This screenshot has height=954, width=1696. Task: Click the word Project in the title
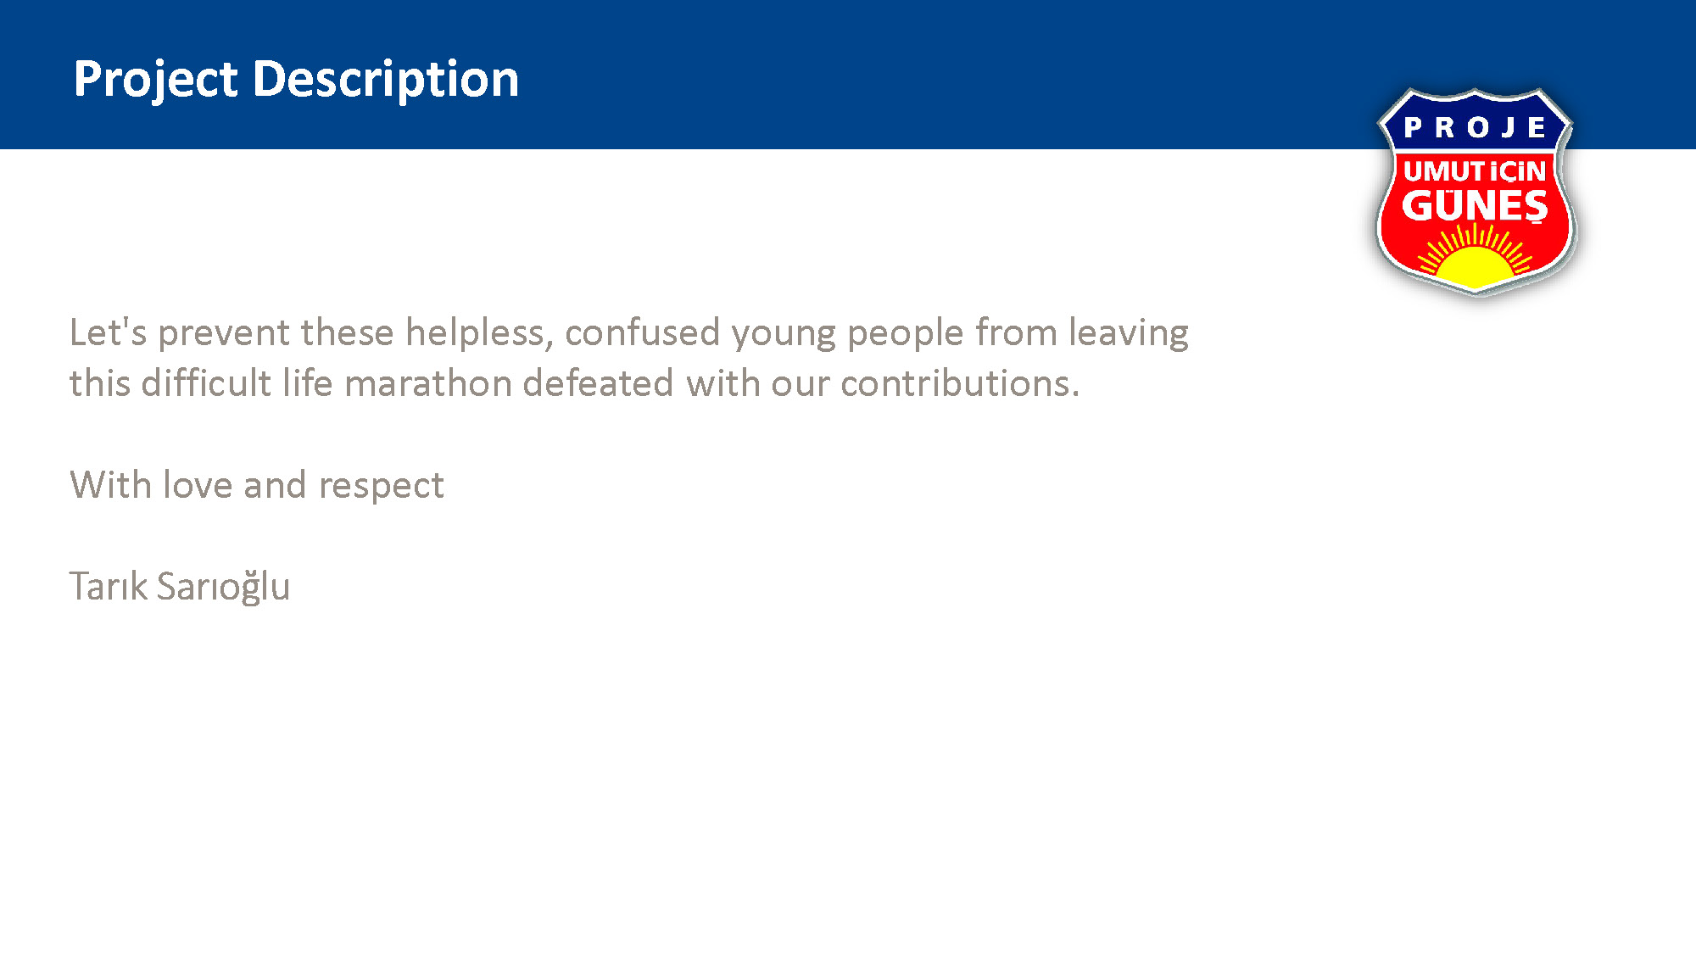click(x=155, y=81)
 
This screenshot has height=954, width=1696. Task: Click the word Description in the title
click(x=386, y=81)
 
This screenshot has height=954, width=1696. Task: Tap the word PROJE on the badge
click(x=1475, y=127)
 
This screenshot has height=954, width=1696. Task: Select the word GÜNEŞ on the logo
click(x=1475, y=206)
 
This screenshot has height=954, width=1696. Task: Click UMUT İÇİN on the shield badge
click(x=1475, y=171)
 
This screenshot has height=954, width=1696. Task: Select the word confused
click(x=643, y=332)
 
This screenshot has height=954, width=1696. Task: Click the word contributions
click(x=961, y=383)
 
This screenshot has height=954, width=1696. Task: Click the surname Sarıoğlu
click(x=223, y=587)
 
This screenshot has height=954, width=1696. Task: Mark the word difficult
click(x=206, y=383)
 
